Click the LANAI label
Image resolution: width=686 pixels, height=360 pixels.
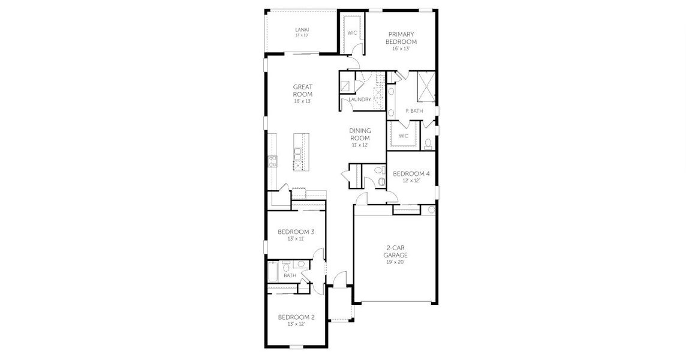pyautogui.click(x=302, y=30)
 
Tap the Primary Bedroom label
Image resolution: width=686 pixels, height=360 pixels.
pyautogui.click(x=401, y=38)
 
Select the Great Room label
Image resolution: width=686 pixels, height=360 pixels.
pyautogui.click(x=303, y=91)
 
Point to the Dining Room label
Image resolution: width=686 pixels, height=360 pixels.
pyautogui.click(x=360, y=134)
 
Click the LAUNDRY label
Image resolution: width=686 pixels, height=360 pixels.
pyautogui.click(x=360, y=100)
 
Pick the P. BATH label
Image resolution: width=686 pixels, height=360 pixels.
pyautogui.click(x=414, y=111)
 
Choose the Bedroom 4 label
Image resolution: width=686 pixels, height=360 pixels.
pyautogui.click(x=411, y=174)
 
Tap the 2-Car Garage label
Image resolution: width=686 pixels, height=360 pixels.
pyautogui.click(x=396, y=251)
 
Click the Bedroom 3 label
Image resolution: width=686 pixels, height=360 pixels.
pyautogui.click(x=296, y=232)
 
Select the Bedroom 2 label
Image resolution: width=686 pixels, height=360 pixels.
pyautogui.click(x=296, y=317)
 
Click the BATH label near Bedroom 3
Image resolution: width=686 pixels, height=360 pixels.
pyautogui.click(x=290, y=275)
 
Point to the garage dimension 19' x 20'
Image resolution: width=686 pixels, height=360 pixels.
pyautogui.click(x=396, y=262)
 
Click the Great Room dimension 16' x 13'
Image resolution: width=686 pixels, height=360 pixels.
pyautogui.click(x=303, y=101)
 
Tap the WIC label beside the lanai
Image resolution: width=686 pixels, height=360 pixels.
pyautogui.click(x=352, y=33)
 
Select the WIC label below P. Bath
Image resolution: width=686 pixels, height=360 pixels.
pyautogui.click(x=404, y=136)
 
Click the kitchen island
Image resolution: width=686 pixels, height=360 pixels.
pyautogui.click(x=300, y=152)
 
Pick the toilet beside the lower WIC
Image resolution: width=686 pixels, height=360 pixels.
pyautogui.click(x=428, y=143)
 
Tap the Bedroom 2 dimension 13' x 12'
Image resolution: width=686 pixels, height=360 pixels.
pyautogui.click(x=296, y=324)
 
